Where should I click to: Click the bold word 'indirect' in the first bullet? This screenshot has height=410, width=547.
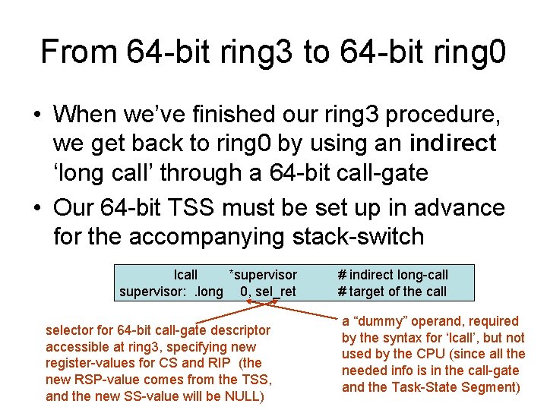(452, 143)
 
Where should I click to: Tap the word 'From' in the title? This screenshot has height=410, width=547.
(78, 52)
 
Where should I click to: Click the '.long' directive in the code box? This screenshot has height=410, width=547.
(209, 292)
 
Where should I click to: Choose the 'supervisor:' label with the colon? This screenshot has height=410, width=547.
(150, 292)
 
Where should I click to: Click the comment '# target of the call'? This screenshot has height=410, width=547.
(392, 292)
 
